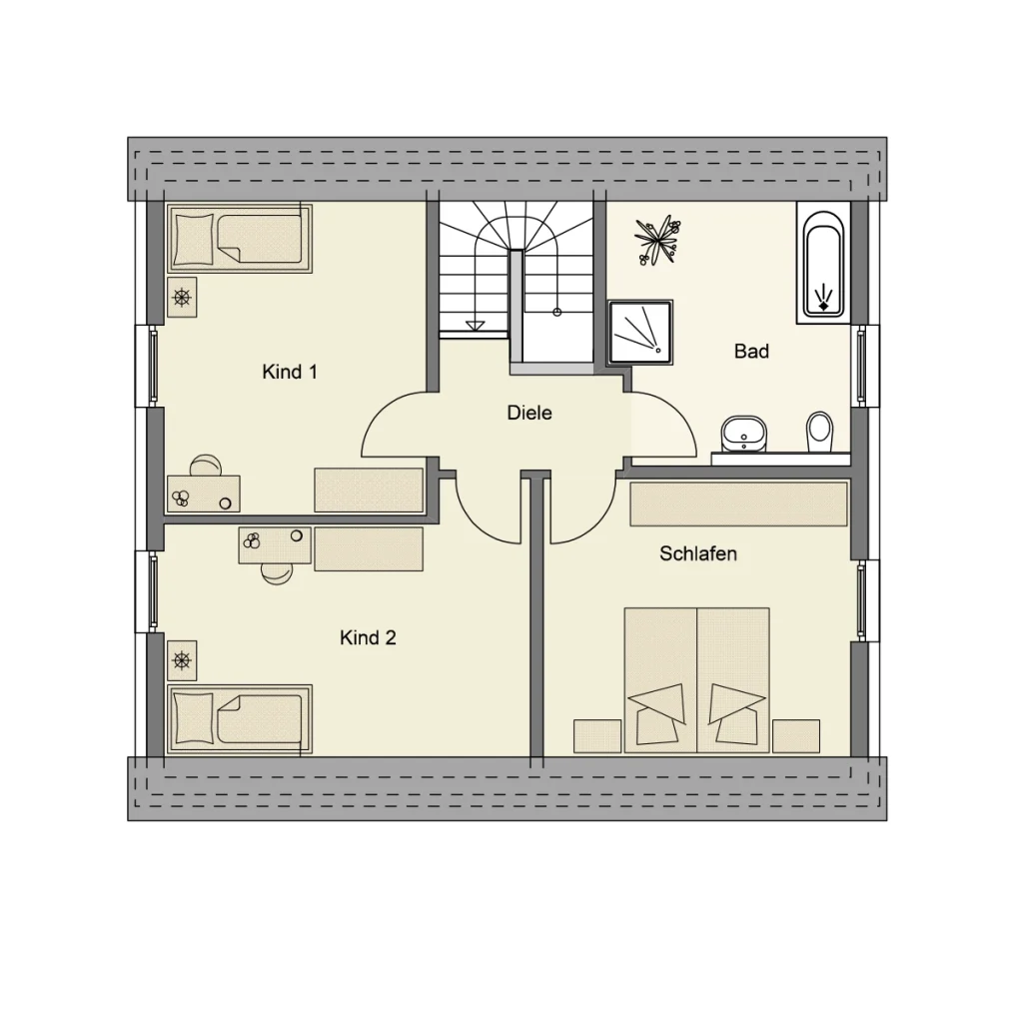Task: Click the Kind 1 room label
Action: [290, 373]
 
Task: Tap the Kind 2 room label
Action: [368, 637]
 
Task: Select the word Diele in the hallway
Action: [529, 413]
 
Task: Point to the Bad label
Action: [751, 352]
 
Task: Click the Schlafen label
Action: [698, 553]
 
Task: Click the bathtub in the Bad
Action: [822, 263]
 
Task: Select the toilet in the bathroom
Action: [819, 431]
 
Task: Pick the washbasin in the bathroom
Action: [743, 433]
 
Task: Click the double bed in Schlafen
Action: [696, 679]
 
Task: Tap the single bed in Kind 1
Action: [240, 239]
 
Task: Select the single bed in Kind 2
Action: [240, 717]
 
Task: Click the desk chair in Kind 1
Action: [207, 465]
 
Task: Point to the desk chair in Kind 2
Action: [275, 572]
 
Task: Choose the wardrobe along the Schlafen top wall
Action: [739, 505]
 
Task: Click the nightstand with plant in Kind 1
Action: [182, 297]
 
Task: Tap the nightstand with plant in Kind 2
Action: [182, 659]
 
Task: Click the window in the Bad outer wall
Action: [859, 366]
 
